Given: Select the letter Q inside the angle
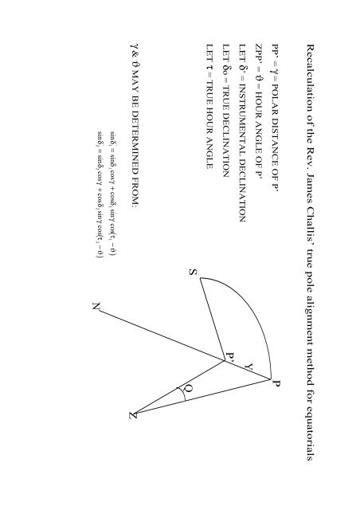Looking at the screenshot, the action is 188,389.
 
